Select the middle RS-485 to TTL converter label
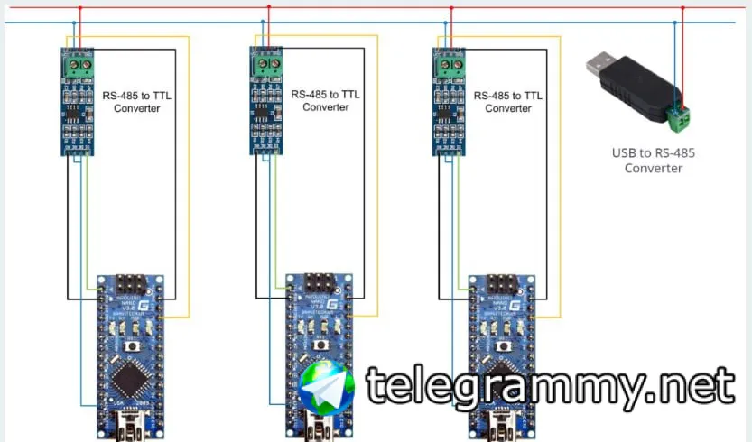click(325, 99)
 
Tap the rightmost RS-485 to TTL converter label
click(507, 101)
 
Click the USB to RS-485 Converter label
click(654, 160)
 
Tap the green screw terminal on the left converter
click(80, 64)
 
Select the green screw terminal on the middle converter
click(266, 64)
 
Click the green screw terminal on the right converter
click(450, 64)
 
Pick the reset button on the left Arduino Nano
click(133, 345)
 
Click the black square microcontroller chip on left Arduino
click(132, 379)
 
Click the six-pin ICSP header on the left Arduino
click(132, 285)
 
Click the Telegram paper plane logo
click(326, 387)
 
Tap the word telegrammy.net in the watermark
click(550, 387)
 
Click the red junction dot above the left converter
click(79, 8)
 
